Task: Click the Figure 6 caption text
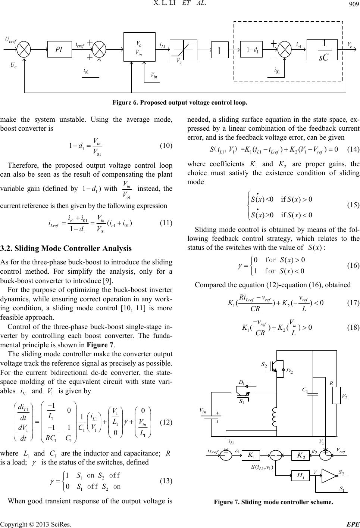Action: (x=180, y=102)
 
